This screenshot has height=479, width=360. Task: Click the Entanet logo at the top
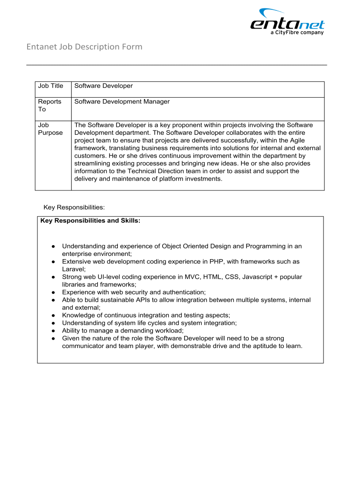287,21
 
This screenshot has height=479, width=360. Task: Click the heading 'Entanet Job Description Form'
84,47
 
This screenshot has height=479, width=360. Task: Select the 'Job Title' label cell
50,86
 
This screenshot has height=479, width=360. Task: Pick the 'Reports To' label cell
50,105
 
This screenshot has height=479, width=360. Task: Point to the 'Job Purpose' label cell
50,129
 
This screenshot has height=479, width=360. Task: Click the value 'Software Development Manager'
122,102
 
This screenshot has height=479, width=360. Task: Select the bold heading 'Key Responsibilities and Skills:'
90,220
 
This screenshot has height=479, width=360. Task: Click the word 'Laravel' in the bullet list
73,269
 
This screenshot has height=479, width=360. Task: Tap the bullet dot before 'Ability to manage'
54,331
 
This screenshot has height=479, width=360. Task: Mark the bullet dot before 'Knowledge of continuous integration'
54,315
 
